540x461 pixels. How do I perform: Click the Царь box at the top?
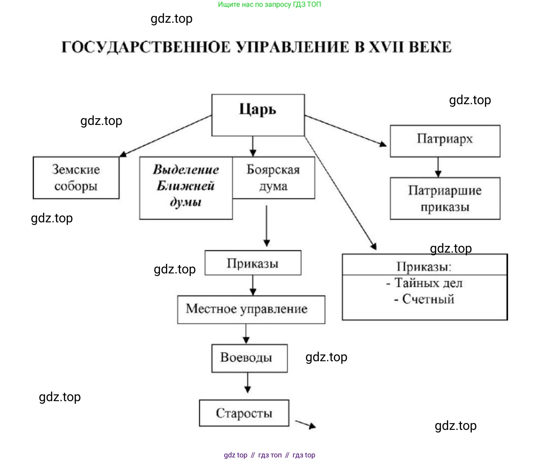[258, 115]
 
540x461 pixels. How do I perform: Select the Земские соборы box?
[76, 178]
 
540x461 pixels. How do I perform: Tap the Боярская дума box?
[273, 178]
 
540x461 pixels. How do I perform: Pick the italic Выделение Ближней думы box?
[186, 188]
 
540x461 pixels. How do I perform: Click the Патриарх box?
[445, 141]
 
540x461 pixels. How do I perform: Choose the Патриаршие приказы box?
[445, 198]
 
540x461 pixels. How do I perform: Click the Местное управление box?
[251, 309]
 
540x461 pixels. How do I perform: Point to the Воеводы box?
[249, 358]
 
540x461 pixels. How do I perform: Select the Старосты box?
[244, 413]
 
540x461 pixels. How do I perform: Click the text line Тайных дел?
[425, 283]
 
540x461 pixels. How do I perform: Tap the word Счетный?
[428, 299]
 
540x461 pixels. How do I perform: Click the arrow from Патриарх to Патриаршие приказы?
[438, 167]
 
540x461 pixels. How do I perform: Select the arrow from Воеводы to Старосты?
[247, 383]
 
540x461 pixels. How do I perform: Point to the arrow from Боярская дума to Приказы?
[267, 226]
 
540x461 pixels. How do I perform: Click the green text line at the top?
[269, 5]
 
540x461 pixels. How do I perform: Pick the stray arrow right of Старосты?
[306, 424]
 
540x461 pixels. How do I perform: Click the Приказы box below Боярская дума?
[253, 263]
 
